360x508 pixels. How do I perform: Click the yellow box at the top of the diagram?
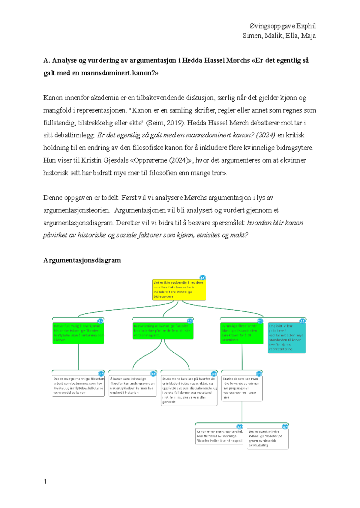pyautogui.click(x=179, y=289)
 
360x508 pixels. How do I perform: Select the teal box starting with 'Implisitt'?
pyautogui.click(x=286, y=337)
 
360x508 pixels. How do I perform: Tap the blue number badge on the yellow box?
pyautogui.click(x=202, y=278)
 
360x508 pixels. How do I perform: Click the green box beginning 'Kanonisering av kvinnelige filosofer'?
pyautogui.click(x=163, y=331)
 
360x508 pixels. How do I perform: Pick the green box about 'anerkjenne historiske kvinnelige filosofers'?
pyautogui.click(x=78, y=333)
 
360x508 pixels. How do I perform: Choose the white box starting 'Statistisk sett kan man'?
pyautogui.click(x=242, y=388)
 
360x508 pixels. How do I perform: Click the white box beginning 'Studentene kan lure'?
pyautogui.click(x=189, y=390)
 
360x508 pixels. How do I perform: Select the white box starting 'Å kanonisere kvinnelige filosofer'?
pyautogui.click(x=133, y=385)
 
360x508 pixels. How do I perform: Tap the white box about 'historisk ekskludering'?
pyautogui.click(x=268, y=438)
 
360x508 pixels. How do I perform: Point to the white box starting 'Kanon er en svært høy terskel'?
pyautogui.click(x=219, y=436)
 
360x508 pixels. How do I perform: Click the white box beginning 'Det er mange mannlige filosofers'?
pyautogui.click(x=78, y=385)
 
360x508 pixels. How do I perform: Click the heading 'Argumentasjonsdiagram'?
pyautogui.click(x=82, y=260)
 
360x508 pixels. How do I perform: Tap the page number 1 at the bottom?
pyautogui.click(x=45, y=482)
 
